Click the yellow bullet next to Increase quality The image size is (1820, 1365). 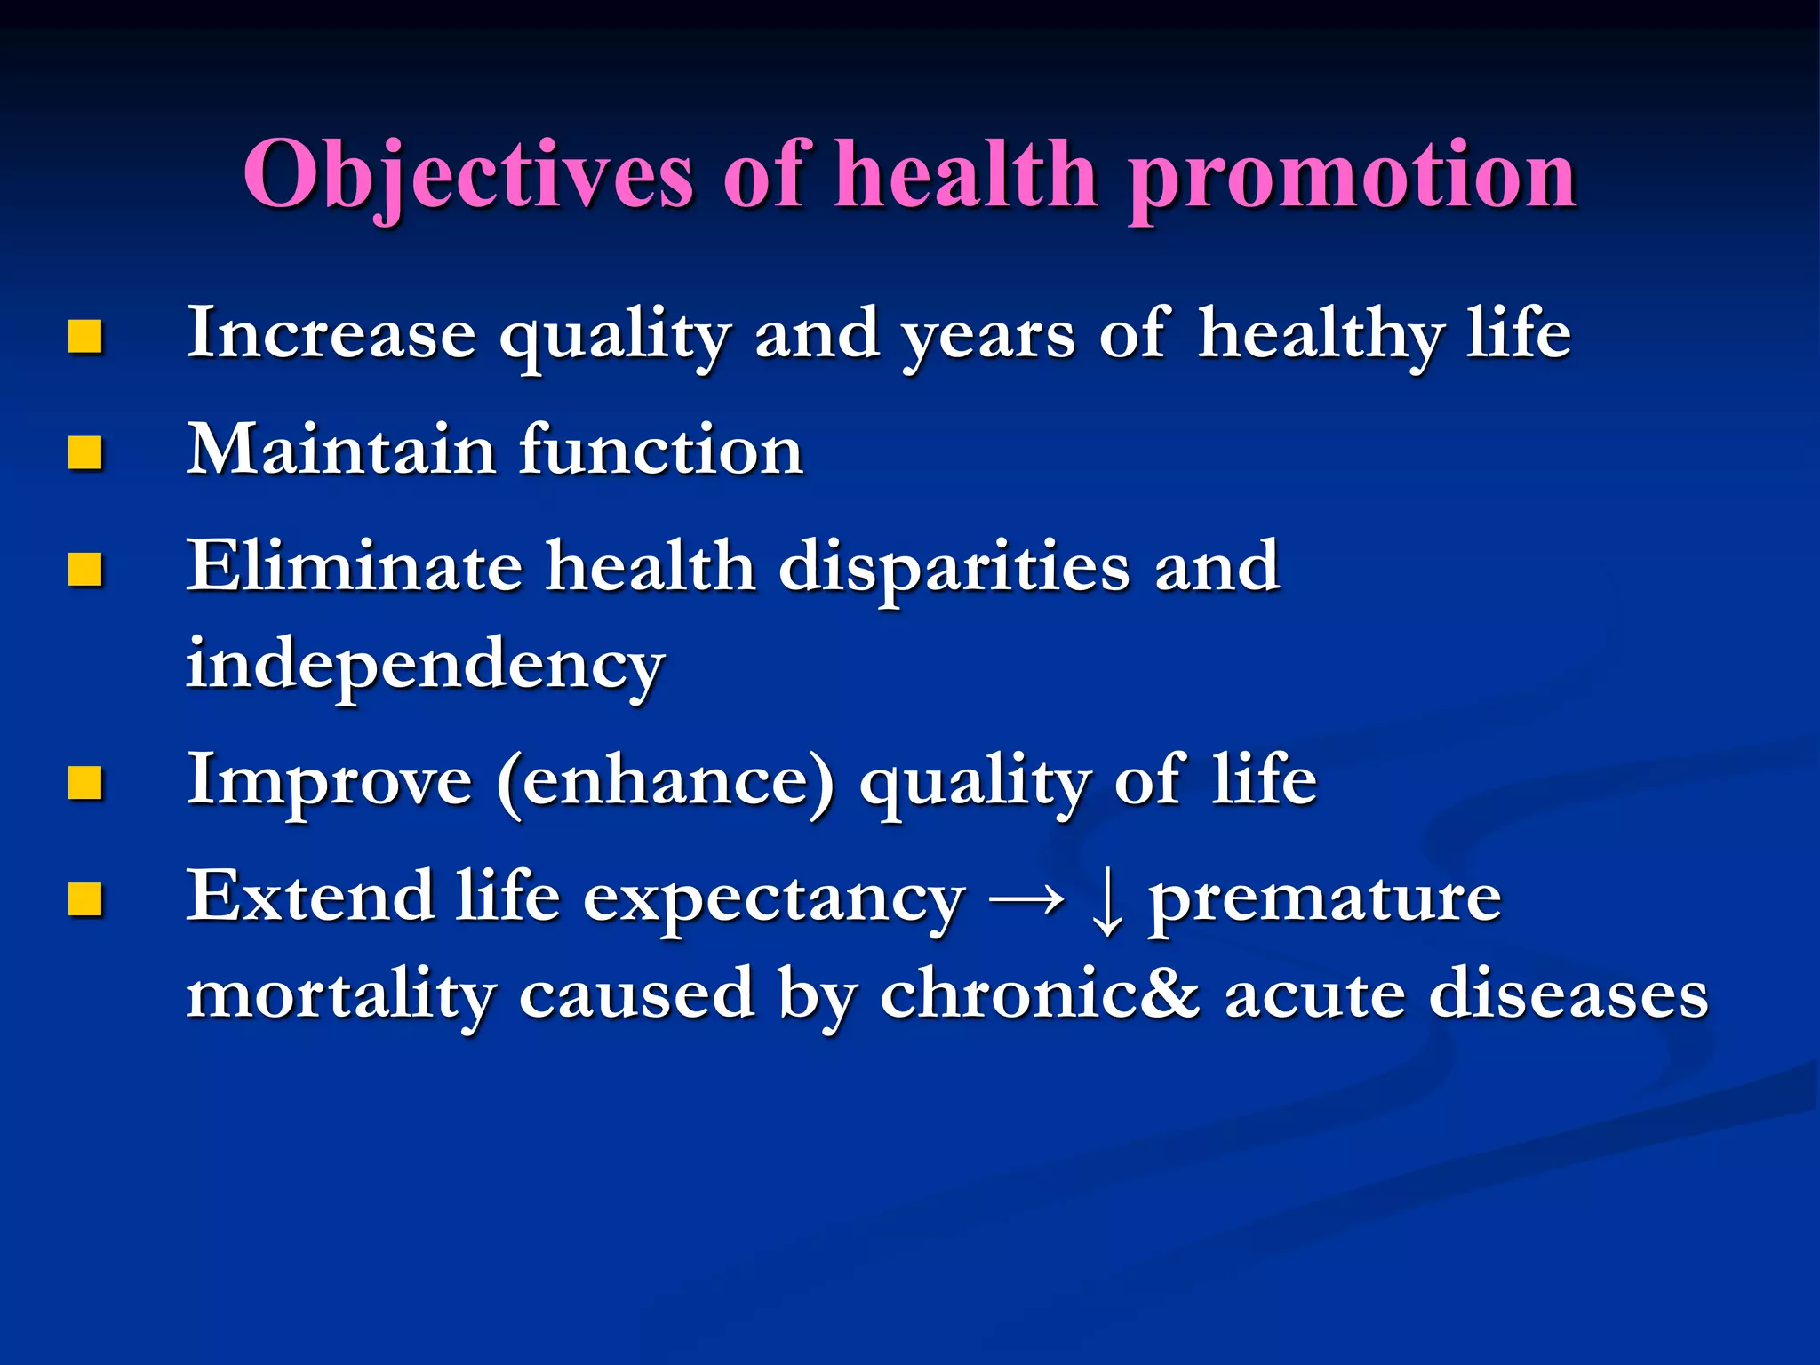click(85, 337)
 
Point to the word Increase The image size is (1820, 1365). click(331, 333)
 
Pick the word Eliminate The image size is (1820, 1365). click(354, 566)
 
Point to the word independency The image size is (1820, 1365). click(425, 665)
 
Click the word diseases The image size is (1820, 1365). click(1568, 994)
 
